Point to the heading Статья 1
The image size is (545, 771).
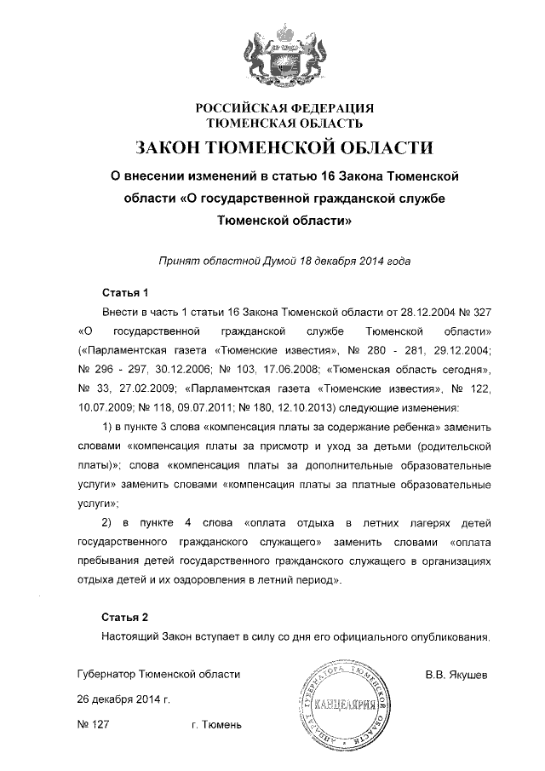(x=125, y=291)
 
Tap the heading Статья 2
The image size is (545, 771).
(x=125, y=615)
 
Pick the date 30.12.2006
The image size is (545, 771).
(x=168, y=370)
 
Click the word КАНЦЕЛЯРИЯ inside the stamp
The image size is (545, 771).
(x=340, y=705)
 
